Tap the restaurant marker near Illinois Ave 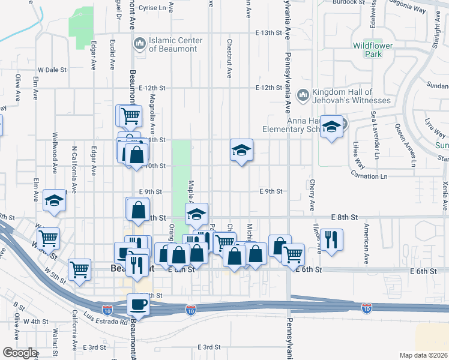pyautogui.click(x=331, y=239)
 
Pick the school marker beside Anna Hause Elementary pyautogui.click(x=331, y=127)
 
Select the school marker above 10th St pyautogui.click(x=241, y=151)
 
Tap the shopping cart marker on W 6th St pyautogui.click(x=49, y=238)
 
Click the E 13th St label pyautogui.click(x=268, y=32)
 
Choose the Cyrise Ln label pyautogui.click(x=152, y=8)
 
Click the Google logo pyautogui.click(x=20, y=353)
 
